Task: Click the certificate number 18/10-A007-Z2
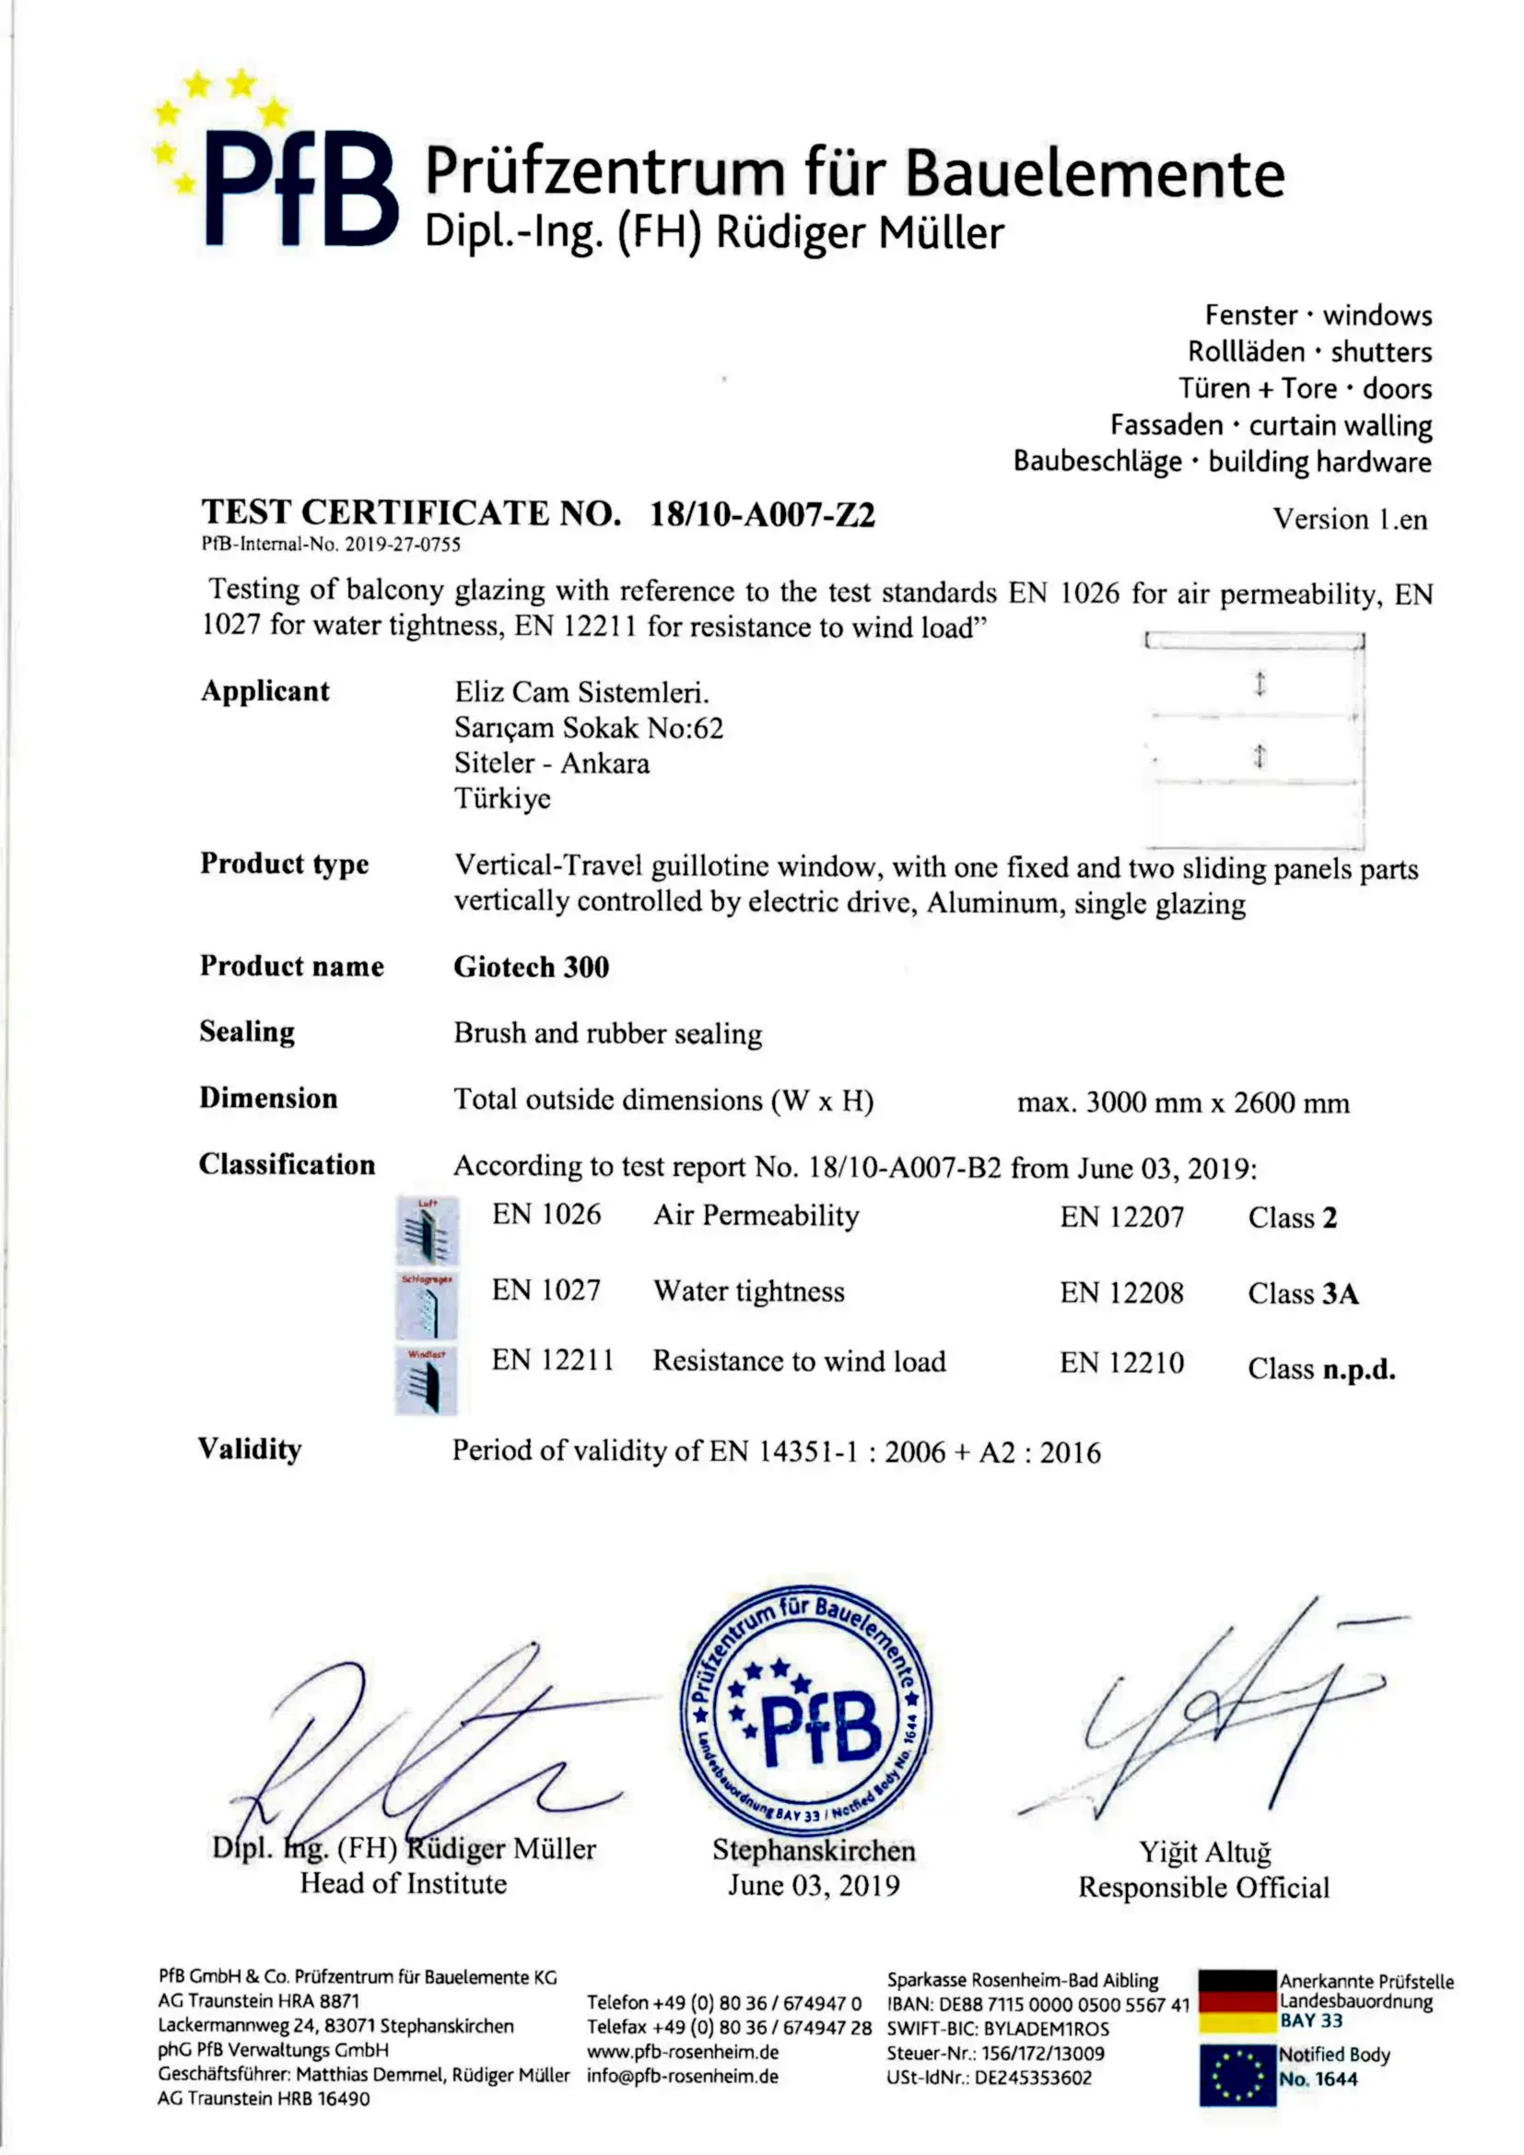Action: tap(762, 514)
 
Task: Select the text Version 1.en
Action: tap(1350, 519)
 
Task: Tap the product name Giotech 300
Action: tap(531, 967)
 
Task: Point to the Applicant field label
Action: tap(264, 690)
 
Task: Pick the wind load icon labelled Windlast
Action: tap(426, 1381)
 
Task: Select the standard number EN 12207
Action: tap(1121, 1218)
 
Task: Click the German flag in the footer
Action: tap(1237, 2001)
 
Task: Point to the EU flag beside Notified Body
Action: tap(1237, 2074)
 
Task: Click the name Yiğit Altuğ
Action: tap(1205, 1852)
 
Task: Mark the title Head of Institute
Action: tap(404, 1884)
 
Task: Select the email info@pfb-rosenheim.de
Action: tap(682, 2076)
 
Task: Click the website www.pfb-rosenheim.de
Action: tap(682, 2052)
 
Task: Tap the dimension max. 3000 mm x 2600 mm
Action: tap(1182, 1101)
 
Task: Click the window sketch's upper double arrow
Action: tap(1260, 683)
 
